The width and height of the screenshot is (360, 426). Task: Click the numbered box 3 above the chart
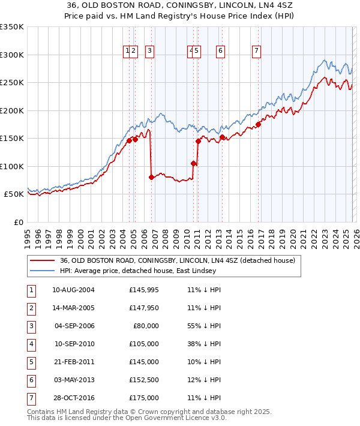click(149, 52)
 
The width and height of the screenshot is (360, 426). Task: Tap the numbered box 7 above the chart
click(256, 52)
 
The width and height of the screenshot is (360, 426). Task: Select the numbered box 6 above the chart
click(221, 52)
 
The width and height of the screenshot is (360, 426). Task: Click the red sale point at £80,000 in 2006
click(151, 177)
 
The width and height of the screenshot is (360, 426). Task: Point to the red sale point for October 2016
click(259, 124)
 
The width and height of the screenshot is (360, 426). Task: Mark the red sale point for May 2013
click(222, 137)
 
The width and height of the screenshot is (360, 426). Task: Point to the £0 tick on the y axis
click(19, 222)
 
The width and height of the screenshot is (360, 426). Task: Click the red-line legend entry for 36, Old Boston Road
click(177, 260)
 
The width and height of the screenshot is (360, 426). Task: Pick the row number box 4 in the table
click(30, 344)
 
